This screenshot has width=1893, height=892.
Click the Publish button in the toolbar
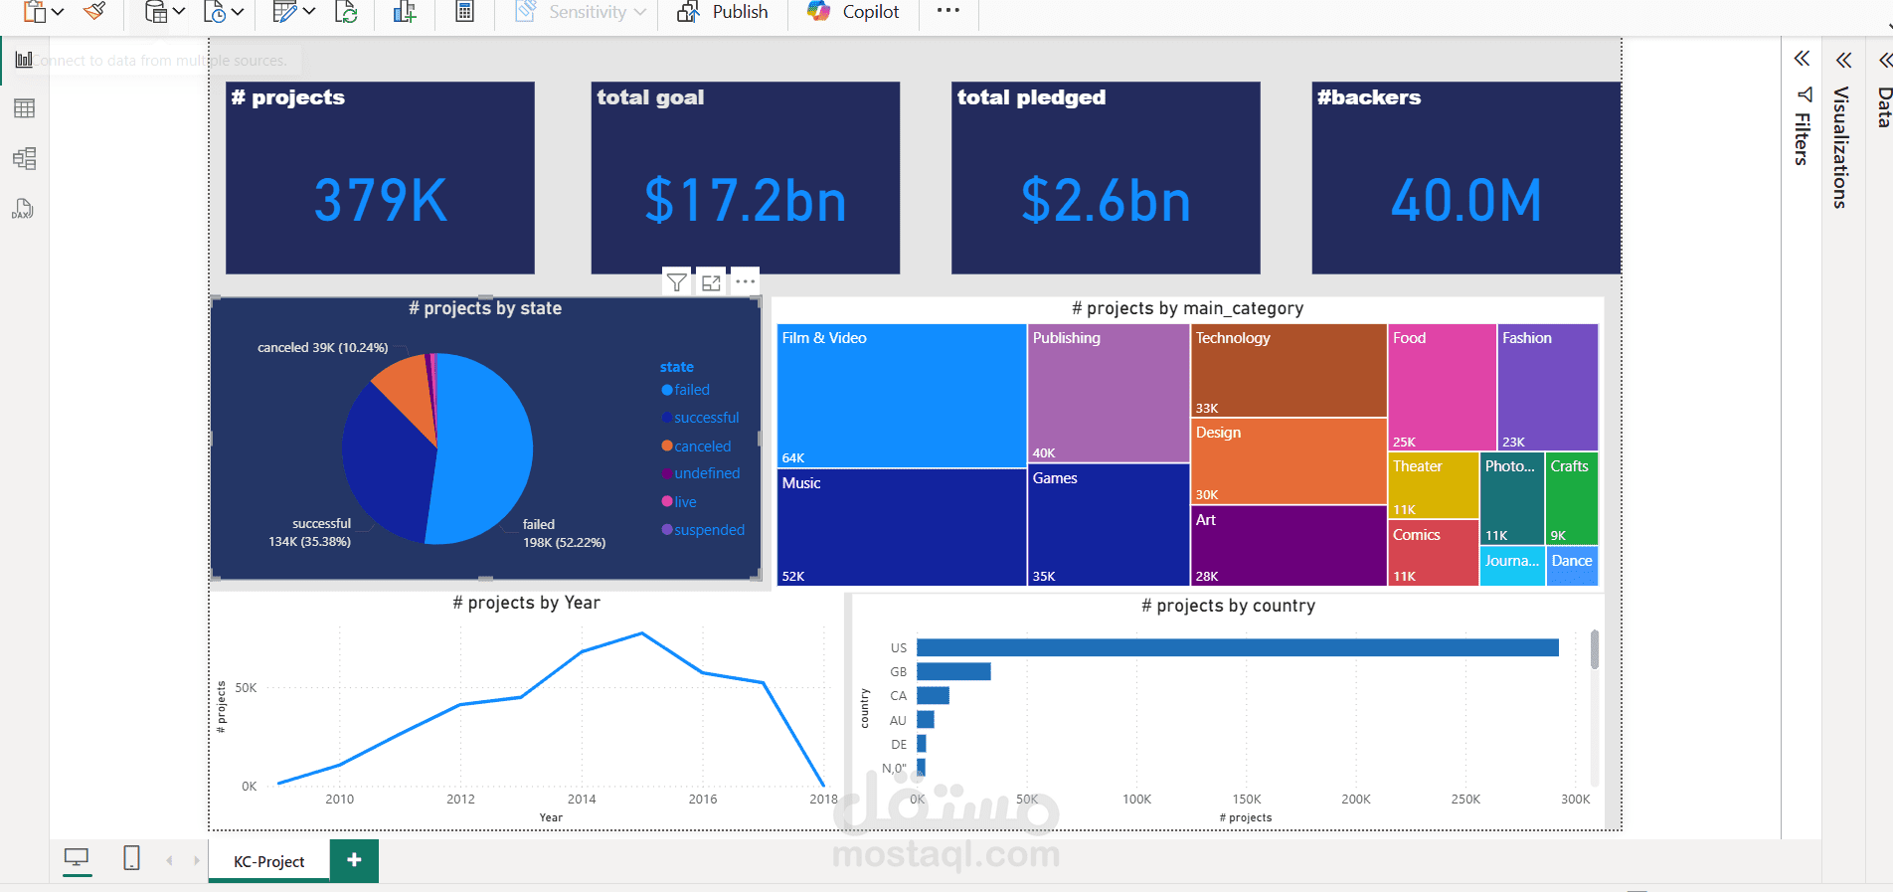pos(723,12)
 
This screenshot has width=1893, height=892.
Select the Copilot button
pos(853,12)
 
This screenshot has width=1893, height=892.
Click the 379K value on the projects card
pos(381,200)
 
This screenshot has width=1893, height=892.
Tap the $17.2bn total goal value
pos(746,200)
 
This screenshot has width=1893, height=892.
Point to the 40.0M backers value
pos(1465,200)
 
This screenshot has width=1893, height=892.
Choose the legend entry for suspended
pos(708,530)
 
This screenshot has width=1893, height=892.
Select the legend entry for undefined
pos(706,473)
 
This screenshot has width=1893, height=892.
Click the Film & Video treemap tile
pos(900,396)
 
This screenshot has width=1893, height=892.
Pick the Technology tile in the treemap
pos(1288,370)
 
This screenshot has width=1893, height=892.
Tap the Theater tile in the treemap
pos(1432,485)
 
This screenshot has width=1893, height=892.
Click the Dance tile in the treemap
pos(1572,566)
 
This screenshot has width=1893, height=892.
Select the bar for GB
pos(953,671)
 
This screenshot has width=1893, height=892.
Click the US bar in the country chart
pos(1237,647)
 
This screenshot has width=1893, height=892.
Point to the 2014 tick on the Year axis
pos(582,799)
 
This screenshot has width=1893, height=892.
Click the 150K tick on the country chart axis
pos(1247,799)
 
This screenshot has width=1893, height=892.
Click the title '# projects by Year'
pos(526,603)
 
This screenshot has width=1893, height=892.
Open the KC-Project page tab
pos(268,861)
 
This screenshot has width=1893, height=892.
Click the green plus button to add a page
pos(354,860)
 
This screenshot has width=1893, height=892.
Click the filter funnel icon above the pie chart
pos(676,282)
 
